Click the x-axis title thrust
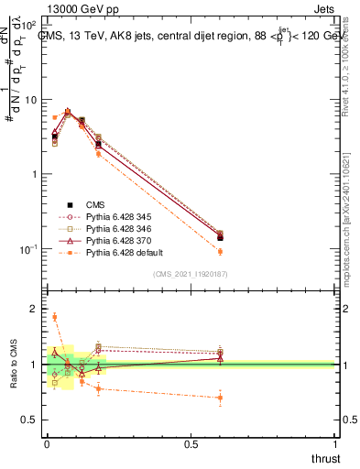click(x=325, y=459)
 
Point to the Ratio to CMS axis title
click(x=14, y=364)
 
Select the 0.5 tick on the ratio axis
click(x=30, y=420)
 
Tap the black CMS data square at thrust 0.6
click(x=220, y=237)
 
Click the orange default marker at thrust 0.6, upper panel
click(x=220, y=251)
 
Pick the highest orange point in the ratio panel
click(x=54, y=318)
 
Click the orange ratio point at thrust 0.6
click(x=220, y=398)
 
